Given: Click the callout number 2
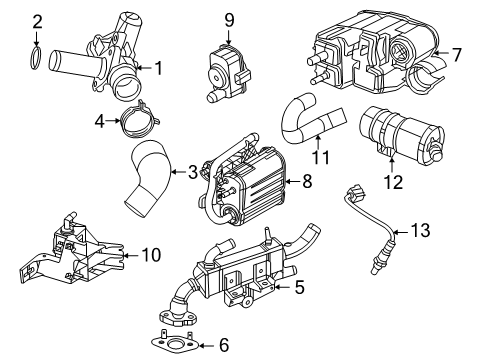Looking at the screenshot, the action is [x=37, y=22].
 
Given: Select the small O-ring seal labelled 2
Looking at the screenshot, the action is [x=36, y=58].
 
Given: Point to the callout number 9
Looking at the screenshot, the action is [x=229, y=20].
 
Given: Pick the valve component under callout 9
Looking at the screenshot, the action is [x=227, y=72].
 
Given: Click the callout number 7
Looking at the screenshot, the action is [x=456, y=54].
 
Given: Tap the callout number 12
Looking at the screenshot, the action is [x=393, y=182].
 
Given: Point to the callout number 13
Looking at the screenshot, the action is [x=420, y=230].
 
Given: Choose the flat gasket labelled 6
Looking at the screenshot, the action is [x=173, y=342].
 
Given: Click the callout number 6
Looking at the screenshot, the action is [x=224, y=345].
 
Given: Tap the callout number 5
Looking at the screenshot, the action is [x=299, y=287].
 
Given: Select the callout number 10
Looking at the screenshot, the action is [x=151, y=255].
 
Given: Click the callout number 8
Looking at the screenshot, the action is [x=307, y=181].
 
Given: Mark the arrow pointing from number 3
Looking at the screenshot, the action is [x=179, y=172].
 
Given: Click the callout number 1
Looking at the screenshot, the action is [x=159, y=68].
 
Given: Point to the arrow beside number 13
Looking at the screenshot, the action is [x=400, y=232].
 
